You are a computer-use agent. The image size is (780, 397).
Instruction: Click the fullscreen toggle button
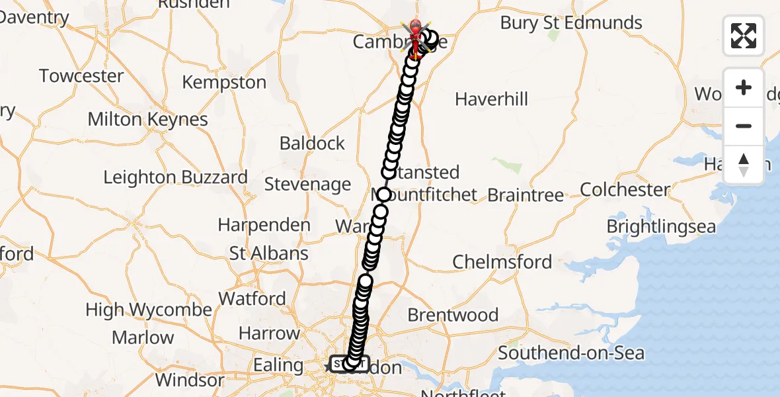pos(744,36)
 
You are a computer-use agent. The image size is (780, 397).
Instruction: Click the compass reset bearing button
pos(744,165)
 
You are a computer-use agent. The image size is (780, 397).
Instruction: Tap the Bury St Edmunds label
pos(570,22)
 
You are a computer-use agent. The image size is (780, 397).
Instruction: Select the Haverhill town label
pos(492,99)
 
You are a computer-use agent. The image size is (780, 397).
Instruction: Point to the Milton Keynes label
pos(147,120)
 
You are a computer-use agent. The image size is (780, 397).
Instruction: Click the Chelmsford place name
pos(502,262)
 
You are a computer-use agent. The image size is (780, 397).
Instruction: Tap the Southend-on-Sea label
pos(570,353)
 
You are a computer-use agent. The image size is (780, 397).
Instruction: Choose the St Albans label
pos(268,253)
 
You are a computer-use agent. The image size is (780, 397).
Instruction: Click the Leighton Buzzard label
pos(176,177)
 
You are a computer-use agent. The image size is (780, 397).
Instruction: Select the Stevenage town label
pos(307,184)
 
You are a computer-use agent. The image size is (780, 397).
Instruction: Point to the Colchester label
pos(625,190)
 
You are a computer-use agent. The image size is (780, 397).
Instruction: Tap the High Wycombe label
pos(149,310)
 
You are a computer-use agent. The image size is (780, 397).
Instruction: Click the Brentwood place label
pos(453,315)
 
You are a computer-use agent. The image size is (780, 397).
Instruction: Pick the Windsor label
pos(190,380)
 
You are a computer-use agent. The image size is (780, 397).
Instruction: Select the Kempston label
pos(224,83)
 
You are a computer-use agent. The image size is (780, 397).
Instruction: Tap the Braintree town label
pos(526,195)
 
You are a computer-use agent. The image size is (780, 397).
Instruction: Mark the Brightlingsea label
pos(661,226)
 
